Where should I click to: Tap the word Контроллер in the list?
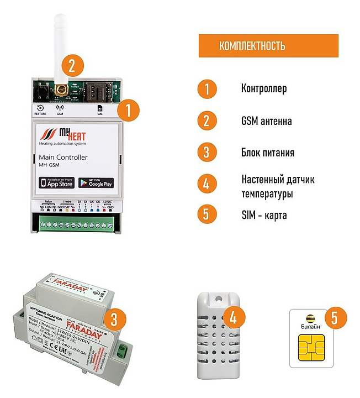tap(264, 89)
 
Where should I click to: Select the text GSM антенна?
tap(266, 121)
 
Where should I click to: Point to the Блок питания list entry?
tap(267, 153)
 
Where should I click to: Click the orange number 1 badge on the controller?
tap(128, 109)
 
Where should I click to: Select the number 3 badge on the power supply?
tap(114, 319)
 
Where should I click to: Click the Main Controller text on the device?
tap(63, 158)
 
